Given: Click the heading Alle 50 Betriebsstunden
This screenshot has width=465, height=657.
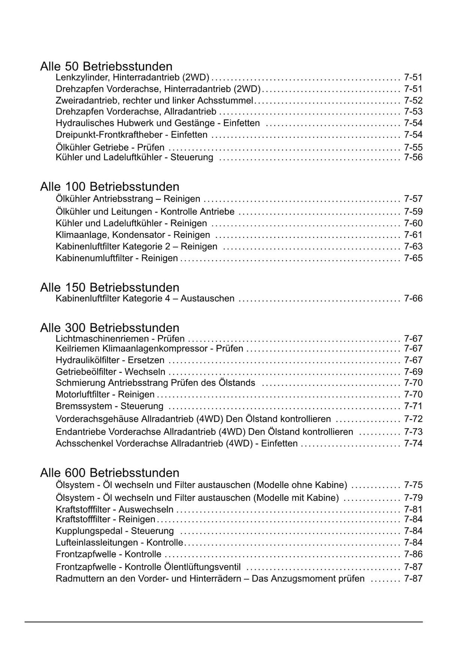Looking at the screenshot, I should [106, 66].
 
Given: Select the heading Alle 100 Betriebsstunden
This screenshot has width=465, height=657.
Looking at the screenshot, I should [109, 187].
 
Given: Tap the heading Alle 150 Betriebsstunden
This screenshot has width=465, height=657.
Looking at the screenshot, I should [109, 287].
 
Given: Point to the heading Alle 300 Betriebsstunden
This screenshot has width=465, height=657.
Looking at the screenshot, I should [109, 328].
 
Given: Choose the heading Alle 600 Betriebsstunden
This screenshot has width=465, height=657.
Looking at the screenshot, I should [109, 473].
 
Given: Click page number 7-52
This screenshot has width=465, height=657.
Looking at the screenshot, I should [413, 100].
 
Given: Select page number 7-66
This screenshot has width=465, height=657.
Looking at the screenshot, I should [413, 298].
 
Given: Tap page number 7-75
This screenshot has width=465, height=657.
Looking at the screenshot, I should [413, 485].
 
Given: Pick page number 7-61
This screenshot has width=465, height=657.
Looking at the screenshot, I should [413, 235].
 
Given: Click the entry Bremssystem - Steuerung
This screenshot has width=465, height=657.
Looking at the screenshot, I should [109, 406].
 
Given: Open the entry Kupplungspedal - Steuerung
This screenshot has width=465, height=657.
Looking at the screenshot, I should [114, 531].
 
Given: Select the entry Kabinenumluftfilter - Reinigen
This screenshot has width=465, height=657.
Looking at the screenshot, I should [117, 258].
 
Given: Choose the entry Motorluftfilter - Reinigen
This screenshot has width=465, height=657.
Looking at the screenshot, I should [105, 395].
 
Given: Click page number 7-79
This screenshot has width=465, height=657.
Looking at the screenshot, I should [413, 498].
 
